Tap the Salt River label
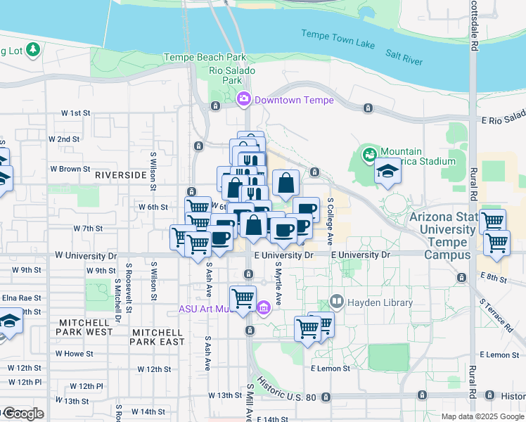404,58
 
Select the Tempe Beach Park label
204,57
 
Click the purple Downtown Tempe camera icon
244,99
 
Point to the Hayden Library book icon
336,302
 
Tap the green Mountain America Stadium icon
368,153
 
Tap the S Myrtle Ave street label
278,284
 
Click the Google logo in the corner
23,414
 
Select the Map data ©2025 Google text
482,416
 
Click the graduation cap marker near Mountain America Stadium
386,172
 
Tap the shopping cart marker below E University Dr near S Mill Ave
243,298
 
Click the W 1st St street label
76,113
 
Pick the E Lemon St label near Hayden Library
330,368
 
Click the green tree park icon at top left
32,50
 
